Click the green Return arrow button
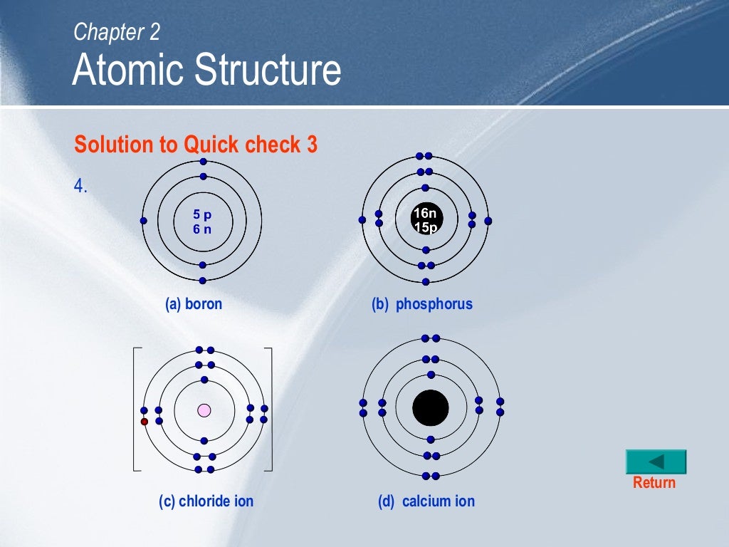[656, 462]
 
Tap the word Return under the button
[654, 483]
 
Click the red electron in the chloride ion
[145, 422]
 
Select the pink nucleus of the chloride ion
[204, 410]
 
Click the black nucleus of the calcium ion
[431, 408]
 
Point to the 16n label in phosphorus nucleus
[425, 214]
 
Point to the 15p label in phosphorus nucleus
[425, 228]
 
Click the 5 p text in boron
[202, 214]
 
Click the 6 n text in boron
[202, 229]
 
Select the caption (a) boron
[194, 304]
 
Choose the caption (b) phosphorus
[421, 304]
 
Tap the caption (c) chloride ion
[206, 501]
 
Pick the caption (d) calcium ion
[426, 501]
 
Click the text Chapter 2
[117, 31]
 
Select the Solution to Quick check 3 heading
[196, 145]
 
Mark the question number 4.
[80, 187]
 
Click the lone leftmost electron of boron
[144, 221]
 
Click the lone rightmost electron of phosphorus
[488, 221]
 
